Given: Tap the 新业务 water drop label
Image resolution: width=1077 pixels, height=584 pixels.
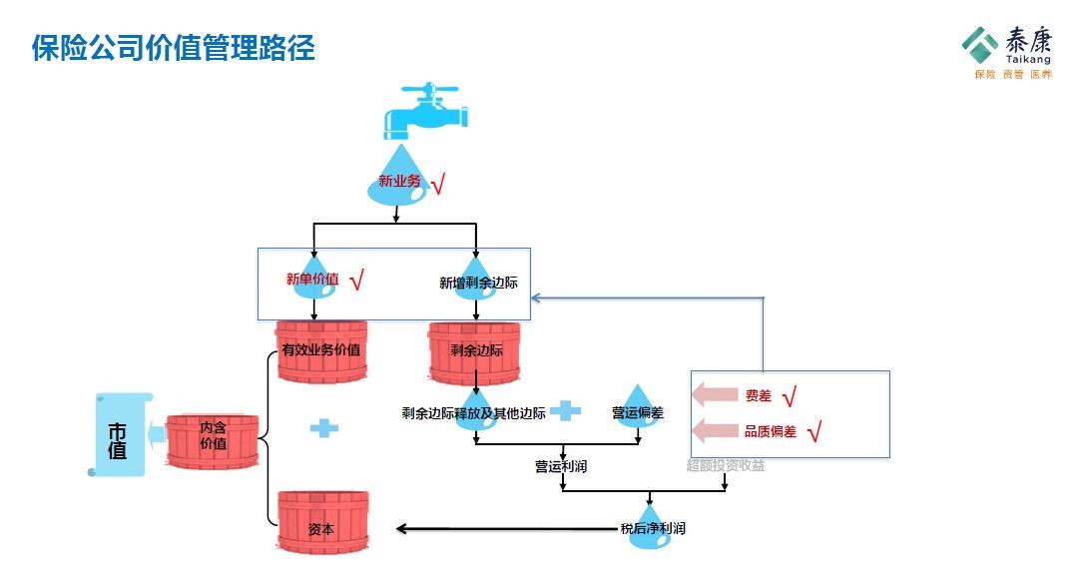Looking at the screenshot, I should pos(398,182).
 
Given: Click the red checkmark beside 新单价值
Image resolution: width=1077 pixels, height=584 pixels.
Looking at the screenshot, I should pos(357,281).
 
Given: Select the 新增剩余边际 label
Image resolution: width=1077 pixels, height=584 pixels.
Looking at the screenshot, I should pos(478,283).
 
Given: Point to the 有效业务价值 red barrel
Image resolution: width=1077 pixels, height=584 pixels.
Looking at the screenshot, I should pos(321,351).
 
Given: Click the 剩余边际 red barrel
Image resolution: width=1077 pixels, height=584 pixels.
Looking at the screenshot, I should pos(476,351).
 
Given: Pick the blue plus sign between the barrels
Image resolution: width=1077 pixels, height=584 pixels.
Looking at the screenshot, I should pos(323,427).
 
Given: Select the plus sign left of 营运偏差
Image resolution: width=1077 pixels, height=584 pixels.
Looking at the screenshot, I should pos(565,410).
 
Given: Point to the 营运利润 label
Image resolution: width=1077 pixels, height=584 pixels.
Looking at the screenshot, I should pos(561,465).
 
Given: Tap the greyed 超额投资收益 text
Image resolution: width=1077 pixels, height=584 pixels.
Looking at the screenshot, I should pos(726,465).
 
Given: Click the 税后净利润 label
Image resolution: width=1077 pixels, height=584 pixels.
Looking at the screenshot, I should pos(652,528).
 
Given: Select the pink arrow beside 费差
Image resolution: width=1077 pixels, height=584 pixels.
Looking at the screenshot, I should pos(714,394).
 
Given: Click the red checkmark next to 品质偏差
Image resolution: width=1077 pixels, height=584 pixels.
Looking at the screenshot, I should pos(812,432).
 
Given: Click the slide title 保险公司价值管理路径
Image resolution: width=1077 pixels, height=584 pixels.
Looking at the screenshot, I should pos(174,48).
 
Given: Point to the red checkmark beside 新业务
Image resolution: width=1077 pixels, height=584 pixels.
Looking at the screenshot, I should pos(436,184).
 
